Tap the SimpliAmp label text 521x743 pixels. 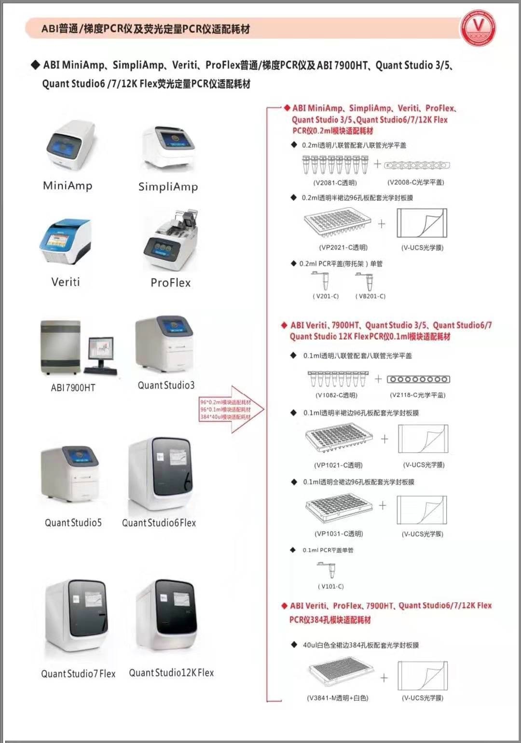(168, 187)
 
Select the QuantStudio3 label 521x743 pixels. (166, 385)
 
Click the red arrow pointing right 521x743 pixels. (232, 409)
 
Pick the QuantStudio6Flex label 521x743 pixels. (159, 523)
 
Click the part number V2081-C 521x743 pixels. (335, 183)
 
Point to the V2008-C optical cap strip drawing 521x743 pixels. (417, 165)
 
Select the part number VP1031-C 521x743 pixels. (339, 534)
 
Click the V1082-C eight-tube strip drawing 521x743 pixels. (338, 379)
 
